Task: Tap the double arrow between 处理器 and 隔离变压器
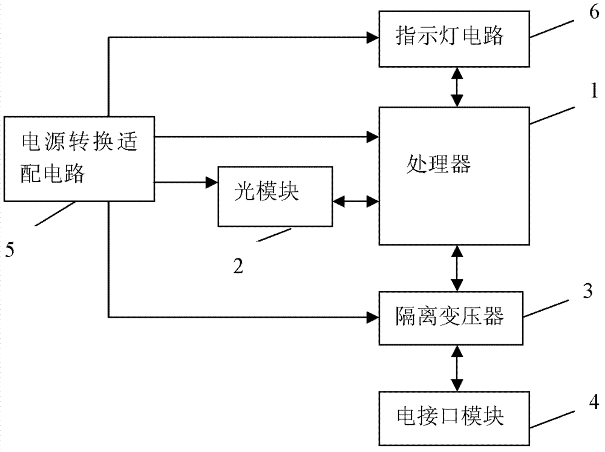[458, 267]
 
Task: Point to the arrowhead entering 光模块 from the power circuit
[212, 182]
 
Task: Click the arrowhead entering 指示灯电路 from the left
[373, 38]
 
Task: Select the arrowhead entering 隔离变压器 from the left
[373, 315]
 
